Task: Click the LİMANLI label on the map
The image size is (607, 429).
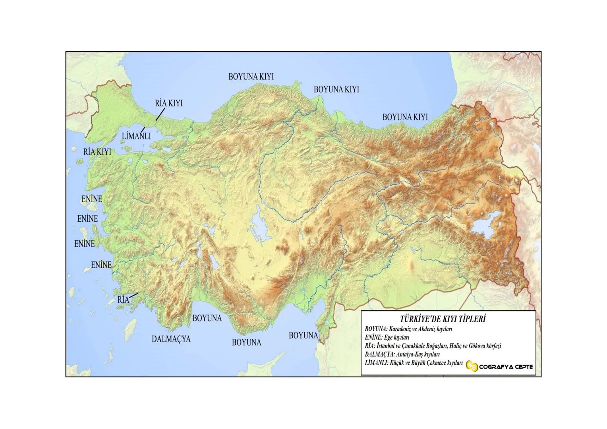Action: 136,136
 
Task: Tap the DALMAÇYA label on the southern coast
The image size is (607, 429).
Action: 171,339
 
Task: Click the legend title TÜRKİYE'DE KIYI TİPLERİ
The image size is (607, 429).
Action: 443,319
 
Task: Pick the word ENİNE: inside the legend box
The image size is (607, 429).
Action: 373,337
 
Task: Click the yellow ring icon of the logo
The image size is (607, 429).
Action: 472,367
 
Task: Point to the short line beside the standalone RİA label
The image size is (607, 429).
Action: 133,295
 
